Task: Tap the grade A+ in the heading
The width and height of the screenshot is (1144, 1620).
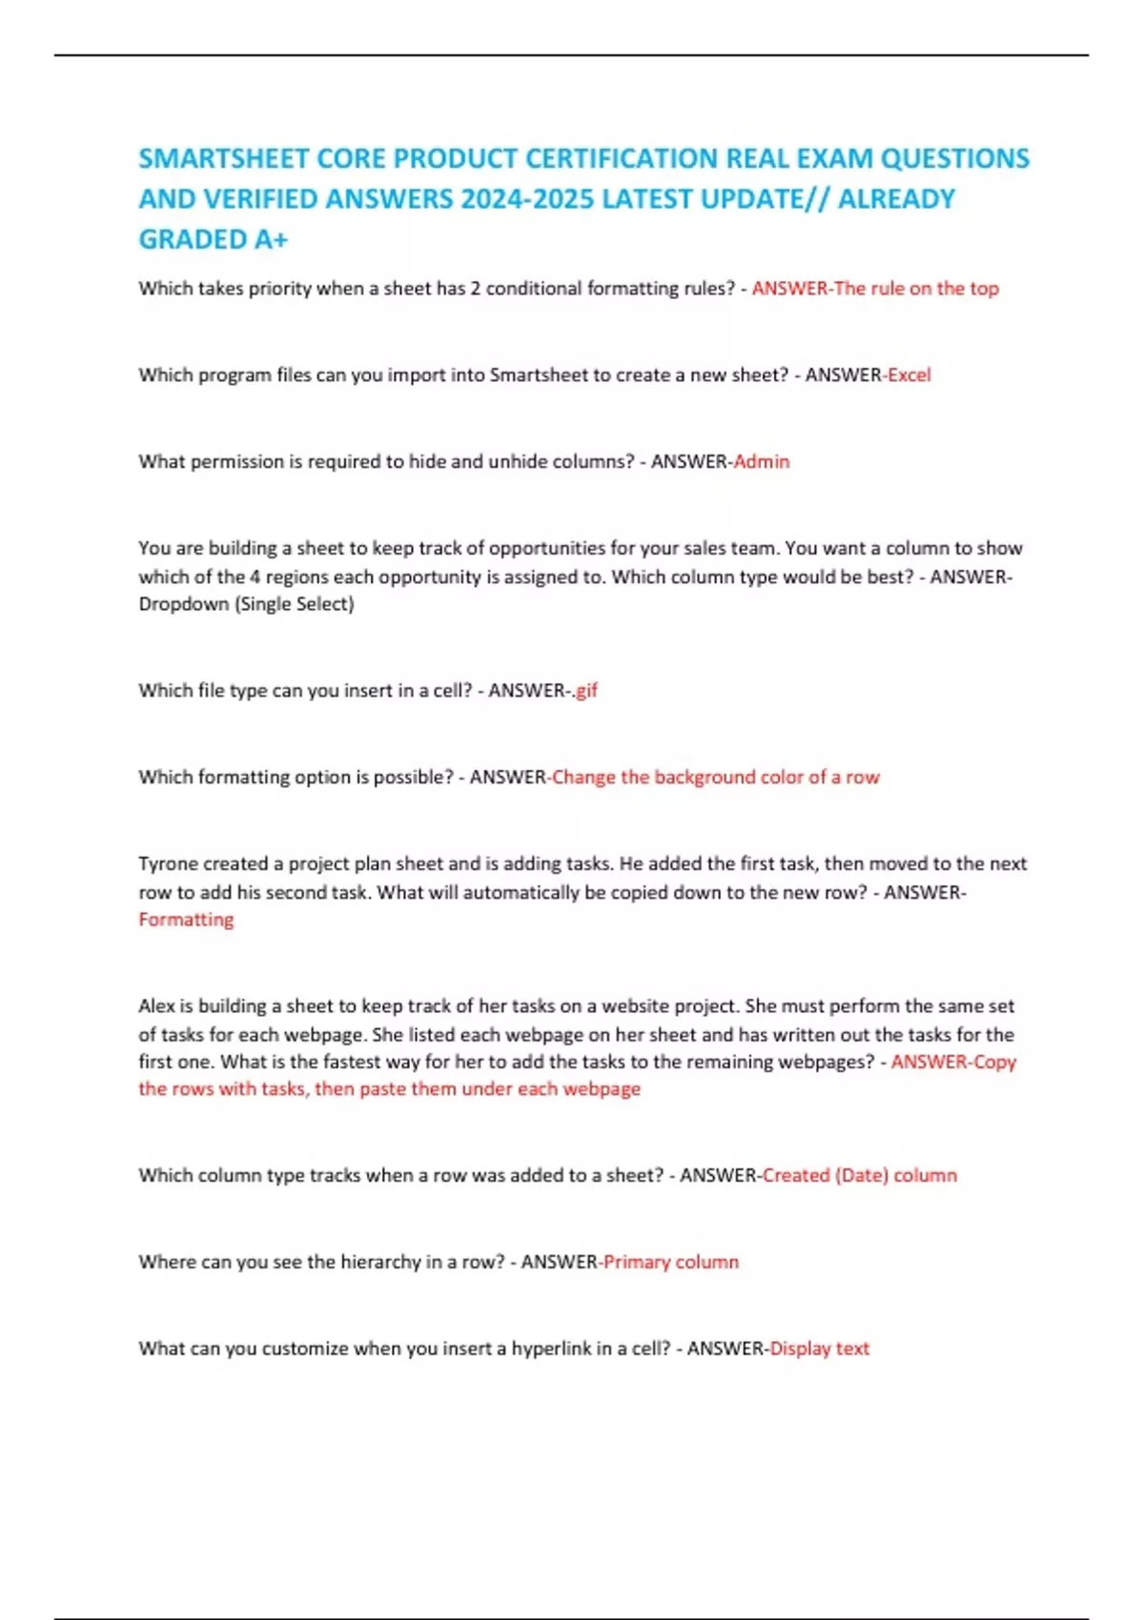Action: click(x=270, y=239)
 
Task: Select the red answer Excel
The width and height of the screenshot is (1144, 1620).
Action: click(x=909, y=375)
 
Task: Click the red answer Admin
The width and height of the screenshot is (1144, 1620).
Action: click(x=762, y=462)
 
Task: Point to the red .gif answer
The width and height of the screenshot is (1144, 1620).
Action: click(x=584, y=691)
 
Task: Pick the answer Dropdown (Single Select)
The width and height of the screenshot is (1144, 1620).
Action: click(x=246, y=604)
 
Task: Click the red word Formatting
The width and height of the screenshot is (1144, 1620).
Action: click(x=186, y=920)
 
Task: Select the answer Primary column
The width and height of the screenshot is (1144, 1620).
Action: click(x=671, y=1263)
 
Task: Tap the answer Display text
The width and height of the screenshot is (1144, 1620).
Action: click(x=820, y=1349)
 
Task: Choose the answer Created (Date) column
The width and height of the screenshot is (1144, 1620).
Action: click(x=860, y=1176)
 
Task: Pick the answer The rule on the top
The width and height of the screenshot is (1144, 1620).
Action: click(x=916, y=289)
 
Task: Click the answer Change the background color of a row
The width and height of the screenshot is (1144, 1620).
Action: click(x=716, y=778)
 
